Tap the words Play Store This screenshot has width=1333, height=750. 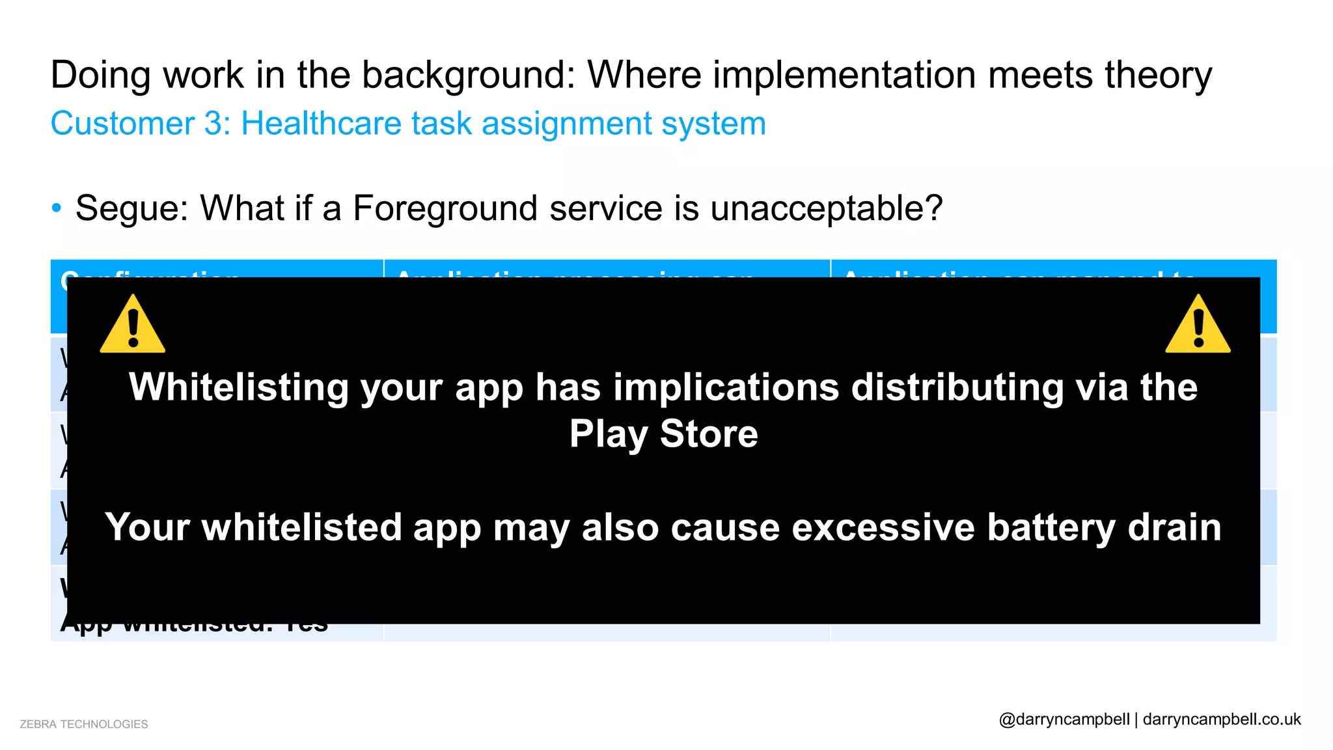pyautogui.click(x=663, y=434)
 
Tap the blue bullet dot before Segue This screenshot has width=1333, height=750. pyautogui.click(x=57, y=208)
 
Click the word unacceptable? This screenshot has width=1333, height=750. pyautogui.click(x=826, y=209)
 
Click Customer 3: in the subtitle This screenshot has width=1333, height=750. pyautogui.click(x=141, y=124)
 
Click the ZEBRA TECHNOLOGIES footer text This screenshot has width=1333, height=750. pyautogui.click(x=84, y=724)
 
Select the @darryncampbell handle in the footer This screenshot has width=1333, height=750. pyautogui.click(x=1064, y=719)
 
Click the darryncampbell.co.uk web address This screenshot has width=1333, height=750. pyautogui.click(x=1222, y=719)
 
